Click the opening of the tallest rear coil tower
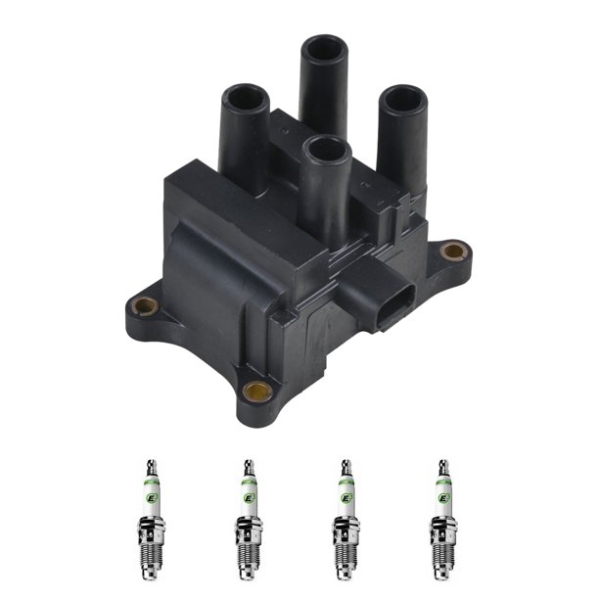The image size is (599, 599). [324, 48]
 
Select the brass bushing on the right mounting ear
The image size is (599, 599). [452, 252]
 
